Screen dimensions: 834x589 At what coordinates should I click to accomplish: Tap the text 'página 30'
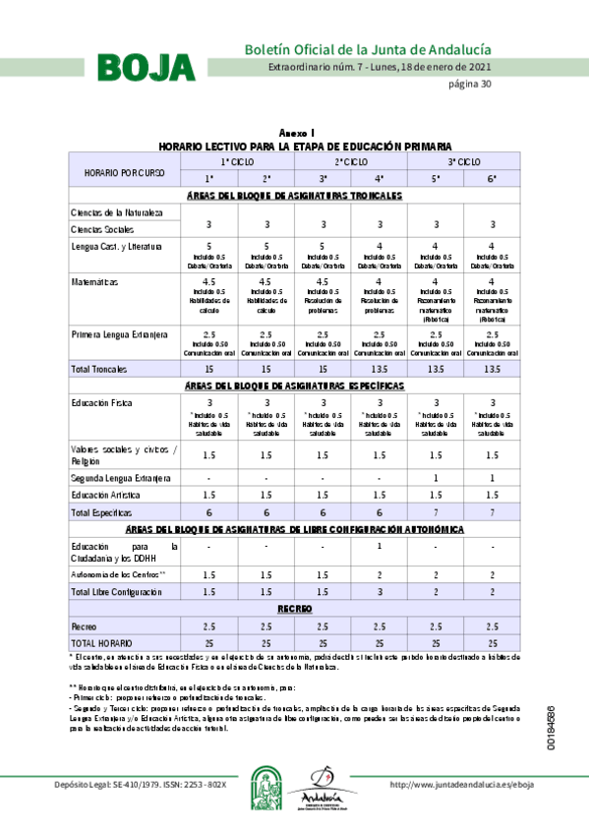[x=470, y=84]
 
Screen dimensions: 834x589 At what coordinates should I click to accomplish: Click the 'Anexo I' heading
[x=296, y=132]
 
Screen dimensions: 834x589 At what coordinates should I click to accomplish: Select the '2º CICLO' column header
[x=351, y=160]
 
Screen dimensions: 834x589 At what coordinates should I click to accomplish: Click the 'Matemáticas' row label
[x=94, y=282]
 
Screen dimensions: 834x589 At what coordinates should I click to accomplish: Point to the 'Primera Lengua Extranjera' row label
[x=119, y=334]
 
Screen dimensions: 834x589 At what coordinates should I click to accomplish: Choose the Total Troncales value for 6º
[x=492, y=368]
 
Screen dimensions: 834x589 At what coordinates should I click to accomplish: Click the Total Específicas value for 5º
[x=436, y=512]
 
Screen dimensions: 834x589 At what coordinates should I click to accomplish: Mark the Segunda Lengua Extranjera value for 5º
[x=436, y=477]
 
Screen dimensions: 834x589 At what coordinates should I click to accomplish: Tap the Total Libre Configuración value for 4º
[x=379, y=592]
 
